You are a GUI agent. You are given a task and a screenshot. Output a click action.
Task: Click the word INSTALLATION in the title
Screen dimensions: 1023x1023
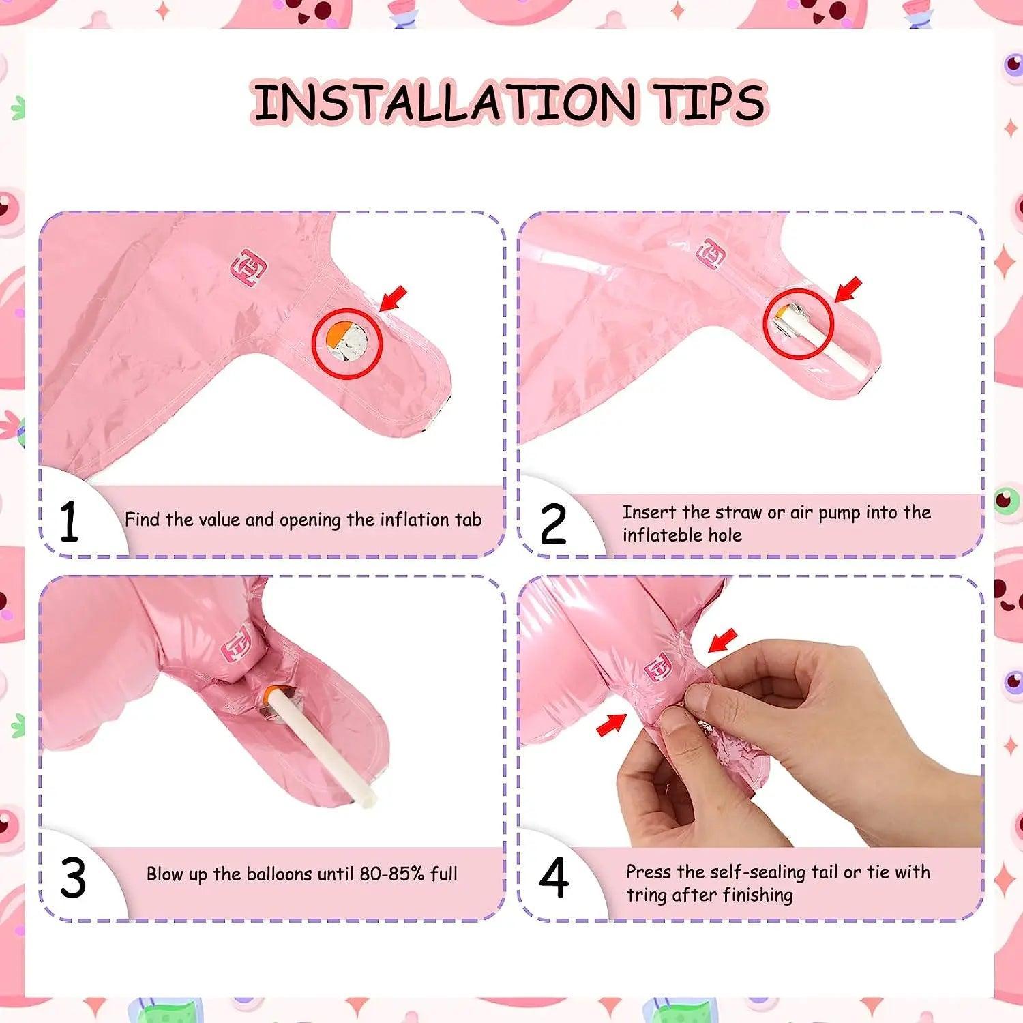443,103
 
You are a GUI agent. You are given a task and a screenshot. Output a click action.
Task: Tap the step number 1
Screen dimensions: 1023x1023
69,522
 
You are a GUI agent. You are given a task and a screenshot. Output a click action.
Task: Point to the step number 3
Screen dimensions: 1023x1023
73,878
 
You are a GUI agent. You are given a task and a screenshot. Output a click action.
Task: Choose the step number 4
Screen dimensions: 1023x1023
553,878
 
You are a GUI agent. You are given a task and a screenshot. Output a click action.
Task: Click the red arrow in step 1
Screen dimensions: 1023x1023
394,298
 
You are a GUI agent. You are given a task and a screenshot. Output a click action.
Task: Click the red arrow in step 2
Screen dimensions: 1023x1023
848,289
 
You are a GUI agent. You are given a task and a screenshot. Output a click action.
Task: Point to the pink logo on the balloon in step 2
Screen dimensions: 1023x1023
711,254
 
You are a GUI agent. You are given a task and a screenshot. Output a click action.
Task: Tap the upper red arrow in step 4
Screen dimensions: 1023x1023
723,641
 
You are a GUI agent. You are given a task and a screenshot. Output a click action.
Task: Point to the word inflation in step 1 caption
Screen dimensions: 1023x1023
415,520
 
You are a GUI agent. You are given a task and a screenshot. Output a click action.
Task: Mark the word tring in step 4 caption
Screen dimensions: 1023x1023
647,895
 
